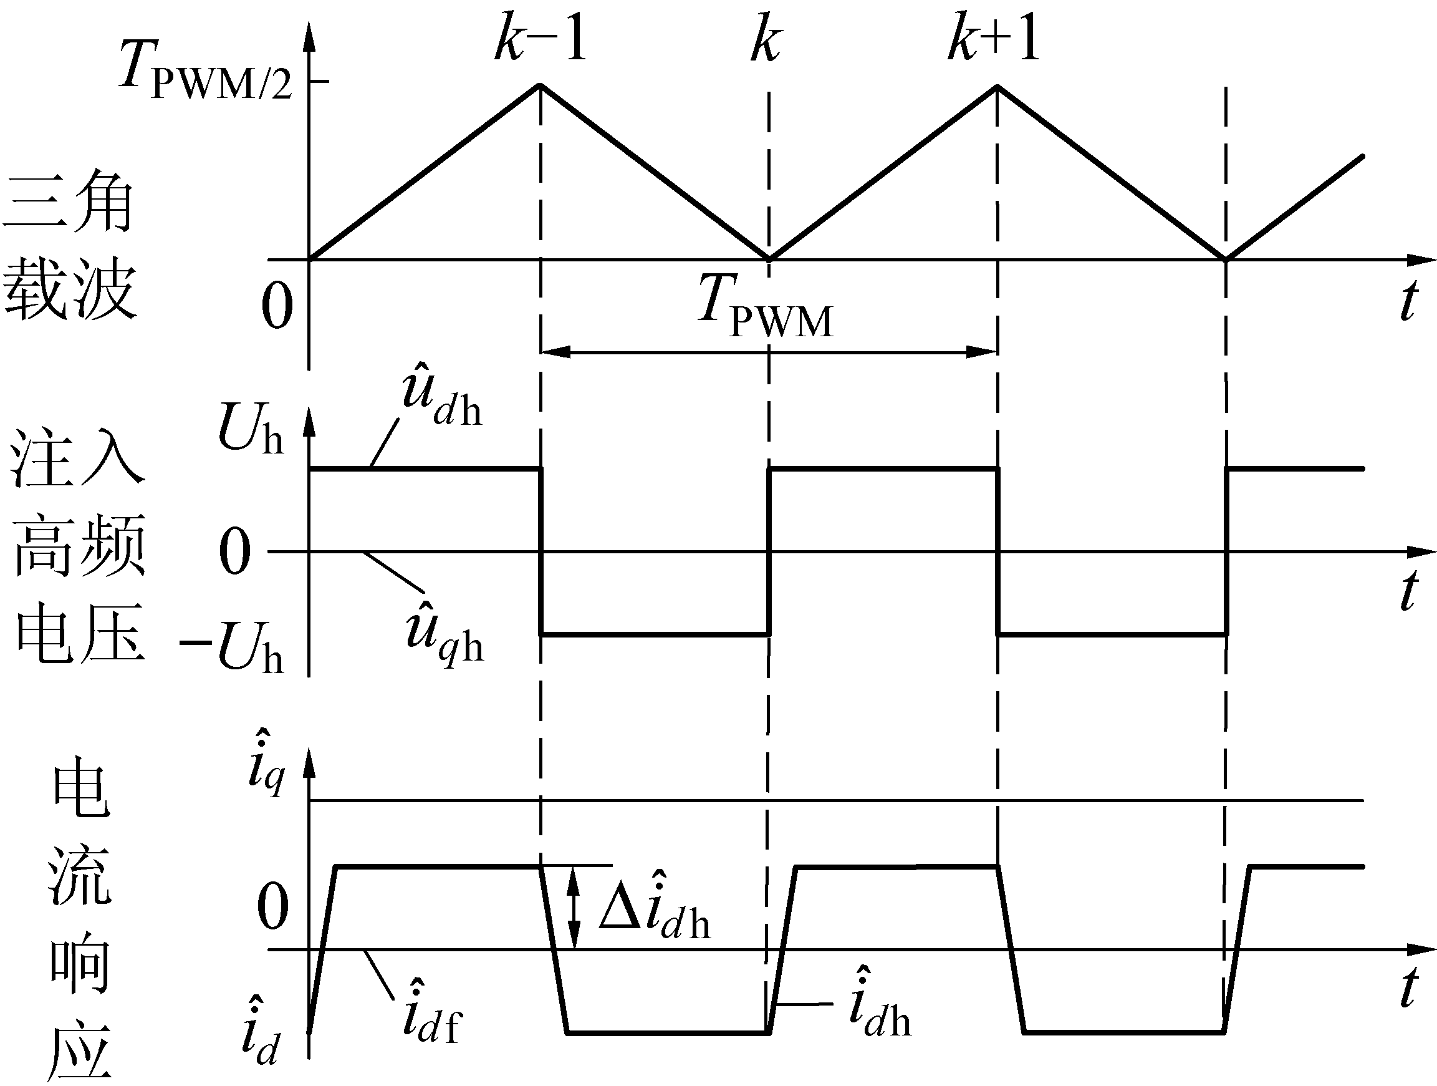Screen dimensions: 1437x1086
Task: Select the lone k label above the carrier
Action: (767, 41)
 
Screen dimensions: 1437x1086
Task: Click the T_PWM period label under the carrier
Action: (766, 306)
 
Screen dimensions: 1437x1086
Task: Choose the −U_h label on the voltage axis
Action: (231, 647)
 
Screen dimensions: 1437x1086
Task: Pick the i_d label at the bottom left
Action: (260, 1030)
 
